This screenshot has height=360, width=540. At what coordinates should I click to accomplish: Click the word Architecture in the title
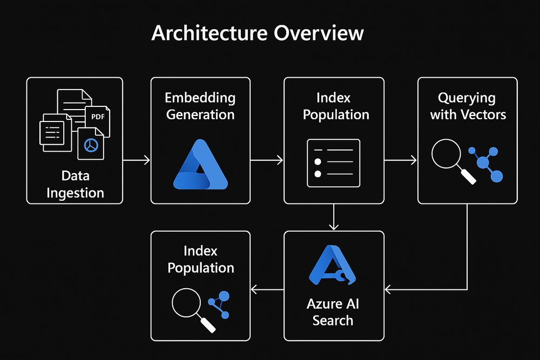[x=209, y=33]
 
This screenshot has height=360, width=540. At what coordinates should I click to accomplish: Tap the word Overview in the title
[x=319, y=33]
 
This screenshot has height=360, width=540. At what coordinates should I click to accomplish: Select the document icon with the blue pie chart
[x=91, y=144]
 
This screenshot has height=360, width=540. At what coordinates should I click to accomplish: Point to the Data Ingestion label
[x=75, y=184]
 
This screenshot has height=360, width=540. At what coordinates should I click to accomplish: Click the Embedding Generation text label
[x=200, y=106]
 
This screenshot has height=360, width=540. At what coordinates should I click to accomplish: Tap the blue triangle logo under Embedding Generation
[x=200, y=164]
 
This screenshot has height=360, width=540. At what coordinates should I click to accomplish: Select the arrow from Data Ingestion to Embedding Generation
[x=137, y=160]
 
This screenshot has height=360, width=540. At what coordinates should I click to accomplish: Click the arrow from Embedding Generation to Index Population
[x=267, y=160]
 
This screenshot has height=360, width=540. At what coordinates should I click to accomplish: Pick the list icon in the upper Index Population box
[x=333, y=162]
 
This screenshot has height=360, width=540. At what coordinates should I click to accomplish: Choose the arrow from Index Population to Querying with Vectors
[x=400, y=160]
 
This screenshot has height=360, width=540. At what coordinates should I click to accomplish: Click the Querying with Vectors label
[x=468, y=106]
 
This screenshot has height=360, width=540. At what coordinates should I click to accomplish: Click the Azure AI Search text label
[x=333, y=312]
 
